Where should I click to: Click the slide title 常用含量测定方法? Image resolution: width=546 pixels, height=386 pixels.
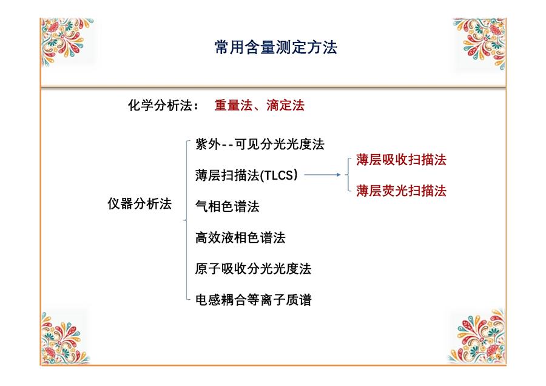click(x=276, y=47)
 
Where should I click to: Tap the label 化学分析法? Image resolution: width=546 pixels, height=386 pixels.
click(x=160, y=105)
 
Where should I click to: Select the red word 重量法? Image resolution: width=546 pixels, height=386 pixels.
click(x=234, y=105)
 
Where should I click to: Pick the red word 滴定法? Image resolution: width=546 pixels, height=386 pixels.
click(x=286, y=105)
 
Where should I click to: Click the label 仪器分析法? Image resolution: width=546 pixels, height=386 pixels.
click(x=140, y=203)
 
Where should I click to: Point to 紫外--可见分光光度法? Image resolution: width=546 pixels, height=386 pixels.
click(x=260, y=144)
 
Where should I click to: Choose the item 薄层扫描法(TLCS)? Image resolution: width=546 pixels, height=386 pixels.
click(x=246, y=175)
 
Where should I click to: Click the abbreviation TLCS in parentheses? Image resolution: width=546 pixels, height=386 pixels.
click(x=280, y=175)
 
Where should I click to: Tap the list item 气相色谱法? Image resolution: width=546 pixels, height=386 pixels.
click(x=227, y=206)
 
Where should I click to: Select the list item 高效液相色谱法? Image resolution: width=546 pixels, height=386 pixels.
click(x=240, y=237)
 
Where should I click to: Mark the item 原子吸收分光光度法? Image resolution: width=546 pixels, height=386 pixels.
click(x=253, y=269)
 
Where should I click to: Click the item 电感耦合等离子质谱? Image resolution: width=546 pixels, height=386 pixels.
click(x=253, y=300)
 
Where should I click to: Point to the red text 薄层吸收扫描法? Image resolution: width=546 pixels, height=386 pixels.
click(x=401, y=160)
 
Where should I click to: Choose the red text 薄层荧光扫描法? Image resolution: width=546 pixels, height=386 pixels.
click(x=401, y=191)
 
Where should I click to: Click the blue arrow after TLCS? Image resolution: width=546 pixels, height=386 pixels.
click(x=323, y=175)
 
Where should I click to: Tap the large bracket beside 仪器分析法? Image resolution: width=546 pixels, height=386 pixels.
click(x=187, y=220)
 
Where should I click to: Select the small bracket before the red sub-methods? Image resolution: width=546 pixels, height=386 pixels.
click(x=348, y=175)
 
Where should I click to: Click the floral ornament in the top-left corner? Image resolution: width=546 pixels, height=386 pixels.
click(x=66, y=41)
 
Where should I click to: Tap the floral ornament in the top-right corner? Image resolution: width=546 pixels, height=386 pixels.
click(x=480, y=43)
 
